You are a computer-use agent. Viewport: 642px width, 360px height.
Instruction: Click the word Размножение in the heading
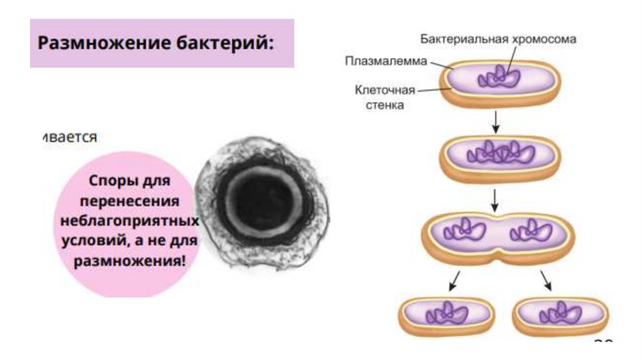pos(94,45)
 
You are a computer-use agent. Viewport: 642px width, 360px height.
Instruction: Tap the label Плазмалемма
pos(386,61)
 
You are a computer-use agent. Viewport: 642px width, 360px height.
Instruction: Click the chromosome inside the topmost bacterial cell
pos(499,78)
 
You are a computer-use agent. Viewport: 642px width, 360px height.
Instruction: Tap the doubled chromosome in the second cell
pos(500,152)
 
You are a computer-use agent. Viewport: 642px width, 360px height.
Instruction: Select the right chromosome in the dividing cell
pos(530,231)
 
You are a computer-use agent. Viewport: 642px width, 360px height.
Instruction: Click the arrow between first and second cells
pos(495,122)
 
